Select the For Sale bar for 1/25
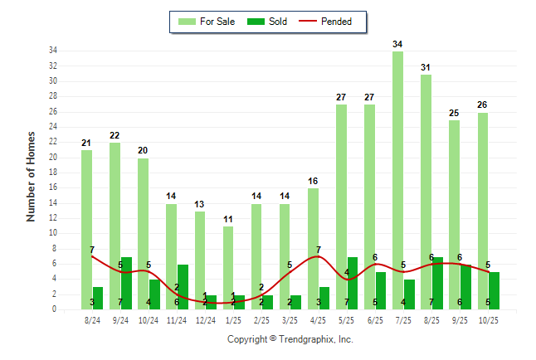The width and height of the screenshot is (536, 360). point(228,257)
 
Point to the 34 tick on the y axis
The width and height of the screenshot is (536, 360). point(52,51)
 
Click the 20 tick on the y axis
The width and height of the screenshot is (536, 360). point(52,157)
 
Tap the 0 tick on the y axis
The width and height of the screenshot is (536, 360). point(54,309)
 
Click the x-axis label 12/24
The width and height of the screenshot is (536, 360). point(205,320)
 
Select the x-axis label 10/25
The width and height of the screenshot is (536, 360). point(488,320)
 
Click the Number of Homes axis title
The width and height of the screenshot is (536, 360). point(32,176)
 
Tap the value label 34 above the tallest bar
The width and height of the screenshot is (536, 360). point(398,44)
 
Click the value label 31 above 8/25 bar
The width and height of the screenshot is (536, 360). point(426,67)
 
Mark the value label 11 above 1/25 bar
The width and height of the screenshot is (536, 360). point(228,219)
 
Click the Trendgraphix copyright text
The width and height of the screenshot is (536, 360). point(290,339)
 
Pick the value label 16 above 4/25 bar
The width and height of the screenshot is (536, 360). point(313,181)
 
